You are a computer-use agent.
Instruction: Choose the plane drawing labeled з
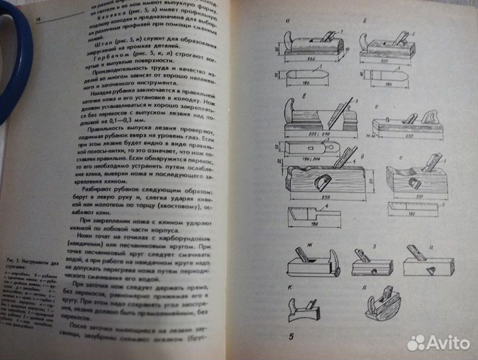point(371,265)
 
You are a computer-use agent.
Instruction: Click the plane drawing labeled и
point(427,265)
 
